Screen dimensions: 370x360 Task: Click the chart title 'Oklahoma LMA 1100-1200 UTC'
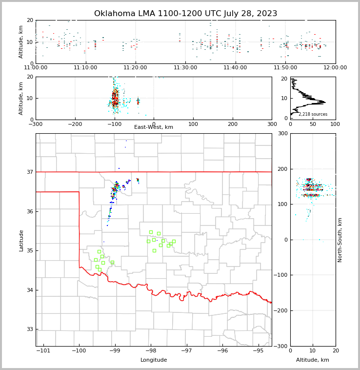pos(185,14)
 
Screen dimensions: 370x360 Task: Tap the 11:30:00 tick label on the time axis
pos(185,68)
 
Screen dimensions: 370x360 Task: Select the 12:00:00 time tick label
pos(335,68)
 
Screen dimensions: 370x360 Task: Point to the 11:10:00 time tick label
pos(85,68)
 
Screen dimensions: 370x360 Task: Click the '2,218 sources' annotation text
pos(313,114)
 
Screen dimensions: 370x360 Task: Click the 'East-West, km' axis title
pos(154,127)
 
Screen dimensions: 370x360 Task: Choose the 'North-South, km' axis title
pos(340,240)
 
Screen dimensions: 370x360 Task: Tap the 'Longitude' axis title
pos(154,360)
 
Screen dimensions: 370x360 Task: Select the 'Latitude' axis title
pos(21,240)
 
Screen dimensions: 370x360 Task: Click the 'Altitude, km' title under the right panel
pos(313,360)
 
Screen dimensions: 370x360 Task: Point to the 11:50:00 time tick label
pos(285,68)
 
